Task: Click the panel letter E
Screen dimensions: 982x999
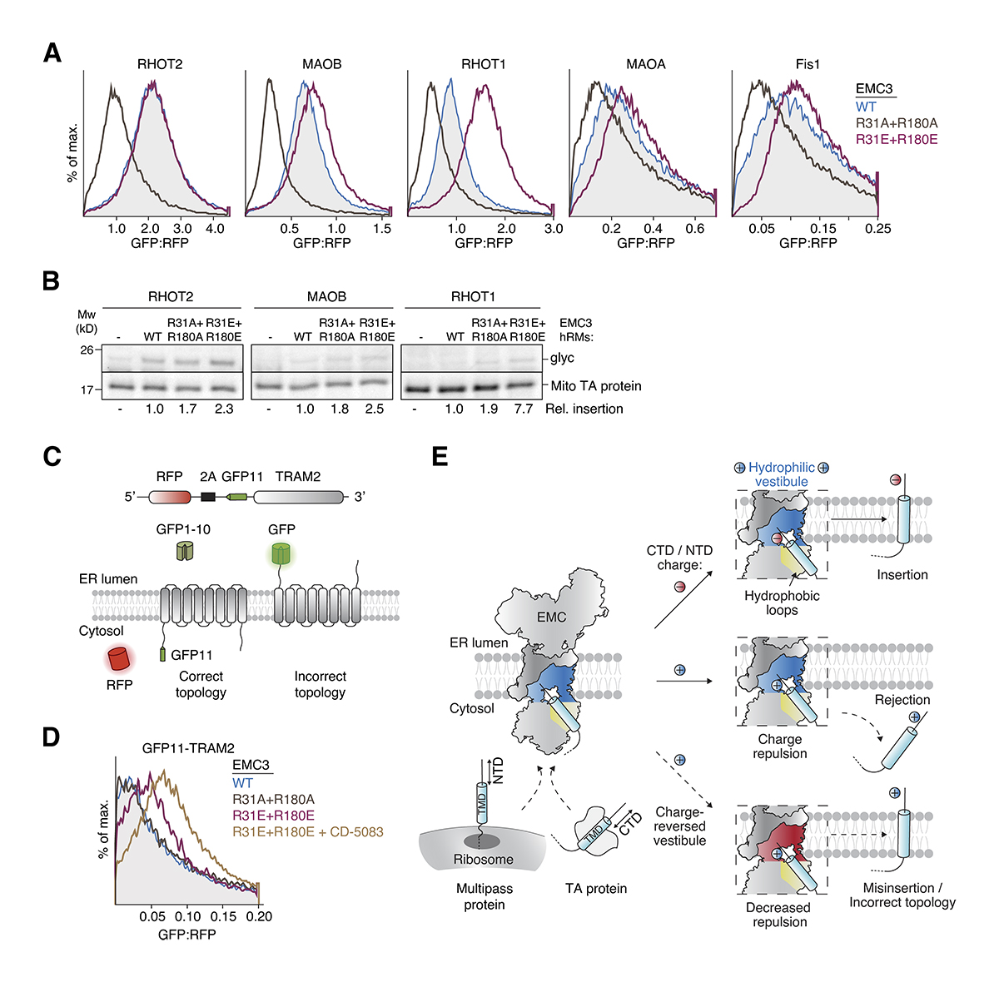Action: coord(440,456)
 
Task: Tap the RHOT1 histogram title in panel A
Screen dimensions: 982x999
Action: coord(484,64)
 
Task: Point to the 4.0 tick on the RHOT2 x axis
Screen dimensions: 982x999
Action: coord(215,229)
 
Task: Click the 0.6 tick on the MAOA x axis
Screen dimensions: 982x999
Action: coord(694,229)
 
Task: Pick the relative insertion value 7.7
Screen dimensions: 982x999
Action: coord(524,409)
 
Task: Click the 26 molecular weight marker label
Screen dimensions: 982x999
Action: coord(87,350)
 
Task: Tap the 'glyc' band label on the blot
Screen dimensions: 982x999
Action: coord(562,358)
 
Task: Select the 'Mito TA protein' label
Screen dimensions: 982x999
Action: coord(596,386)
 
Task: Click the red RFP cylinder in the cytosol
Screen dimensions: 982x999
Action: coord(119,659)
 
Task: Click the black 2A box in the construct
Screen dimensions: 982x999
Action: coord(208,497)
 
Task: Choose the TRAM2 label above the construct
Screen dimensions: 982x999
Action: coord(297,477)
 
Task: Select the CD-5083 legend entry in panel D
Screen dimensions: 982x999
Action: coord(308,831)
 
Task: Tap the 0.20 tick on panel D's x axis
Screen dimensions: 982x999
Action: coord(260,916)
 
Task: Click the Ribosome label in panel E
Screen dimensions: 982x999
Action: coord(483,859)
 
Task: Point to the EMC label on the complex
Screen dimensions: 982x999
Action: coord(551,617)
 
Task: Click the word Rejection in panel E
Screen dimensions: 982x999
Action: coord(902,700)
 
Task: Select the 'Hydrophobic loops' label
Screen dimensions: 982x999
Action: coord(782,603)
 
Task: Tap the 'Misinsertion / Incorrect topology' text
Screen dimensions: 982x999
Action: coord(902,895)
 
